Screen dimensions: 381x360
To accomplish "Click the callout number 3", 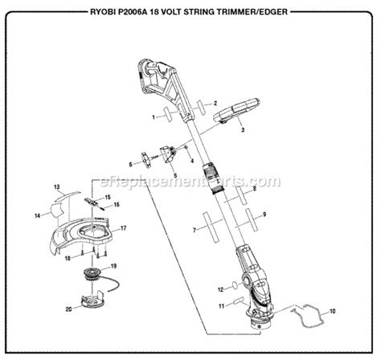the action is tap(243, 130).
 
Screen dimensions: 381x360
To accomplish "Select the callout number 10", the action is tap(332, 311).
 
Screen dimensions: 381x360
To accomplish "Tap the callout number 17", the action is tap(123, 228).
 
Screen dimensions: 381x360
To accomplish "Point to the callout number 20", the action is tap(69, 309).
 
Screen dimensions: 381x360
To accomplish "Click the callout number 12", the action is tap(221, 289).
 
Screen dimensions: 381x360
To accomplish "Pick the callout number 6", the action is tap(131, 164).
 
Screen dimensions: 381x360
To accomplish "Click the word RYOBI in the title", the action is tap(100, 12).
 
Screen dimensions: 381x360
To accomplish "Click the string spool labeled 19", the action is tap(93, 275).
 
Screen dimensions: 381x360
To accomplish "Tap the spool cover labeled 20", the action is tap(93, 301).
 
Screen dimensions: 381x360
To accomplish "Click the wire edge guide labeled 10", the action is tap(308, 316).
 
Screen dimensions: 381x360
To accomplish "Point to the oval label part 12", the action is tap(234, 284).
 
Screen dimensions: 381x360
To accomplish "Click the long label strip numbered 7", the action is tap(211, 227).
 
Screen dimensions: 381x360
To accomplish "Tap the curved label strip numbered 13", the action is tap(68, 195).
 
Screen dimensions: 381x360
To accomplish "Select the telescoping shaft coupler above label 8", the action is tap(214, 178).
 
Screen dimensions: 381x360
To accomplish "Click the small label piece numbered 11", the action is tap(239, 300).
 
